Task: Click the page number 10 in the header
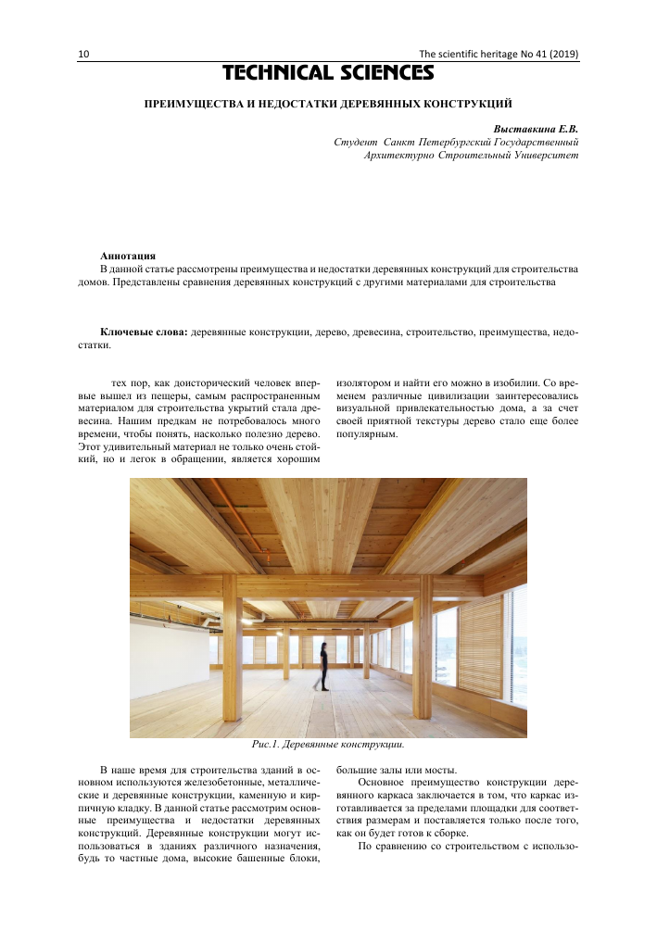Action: (x=83, y=55)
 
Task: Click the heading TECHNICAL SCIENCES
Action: (x=328, y=72)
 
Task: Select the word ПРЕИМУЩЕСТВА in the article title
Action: (x=195, y=105)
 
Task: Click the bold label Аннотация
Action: (x=128, y=255)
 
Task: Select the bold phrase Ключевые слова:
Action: (x=144, y=331)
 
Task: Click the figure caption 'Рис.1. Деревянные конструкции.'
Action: (x=329, y=743)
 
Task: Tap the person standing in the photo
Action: (x=322, y=666)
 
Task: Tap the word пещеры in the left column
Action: (x=145, y=393)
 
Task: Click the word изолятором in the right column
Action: (x=364, y=381)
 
